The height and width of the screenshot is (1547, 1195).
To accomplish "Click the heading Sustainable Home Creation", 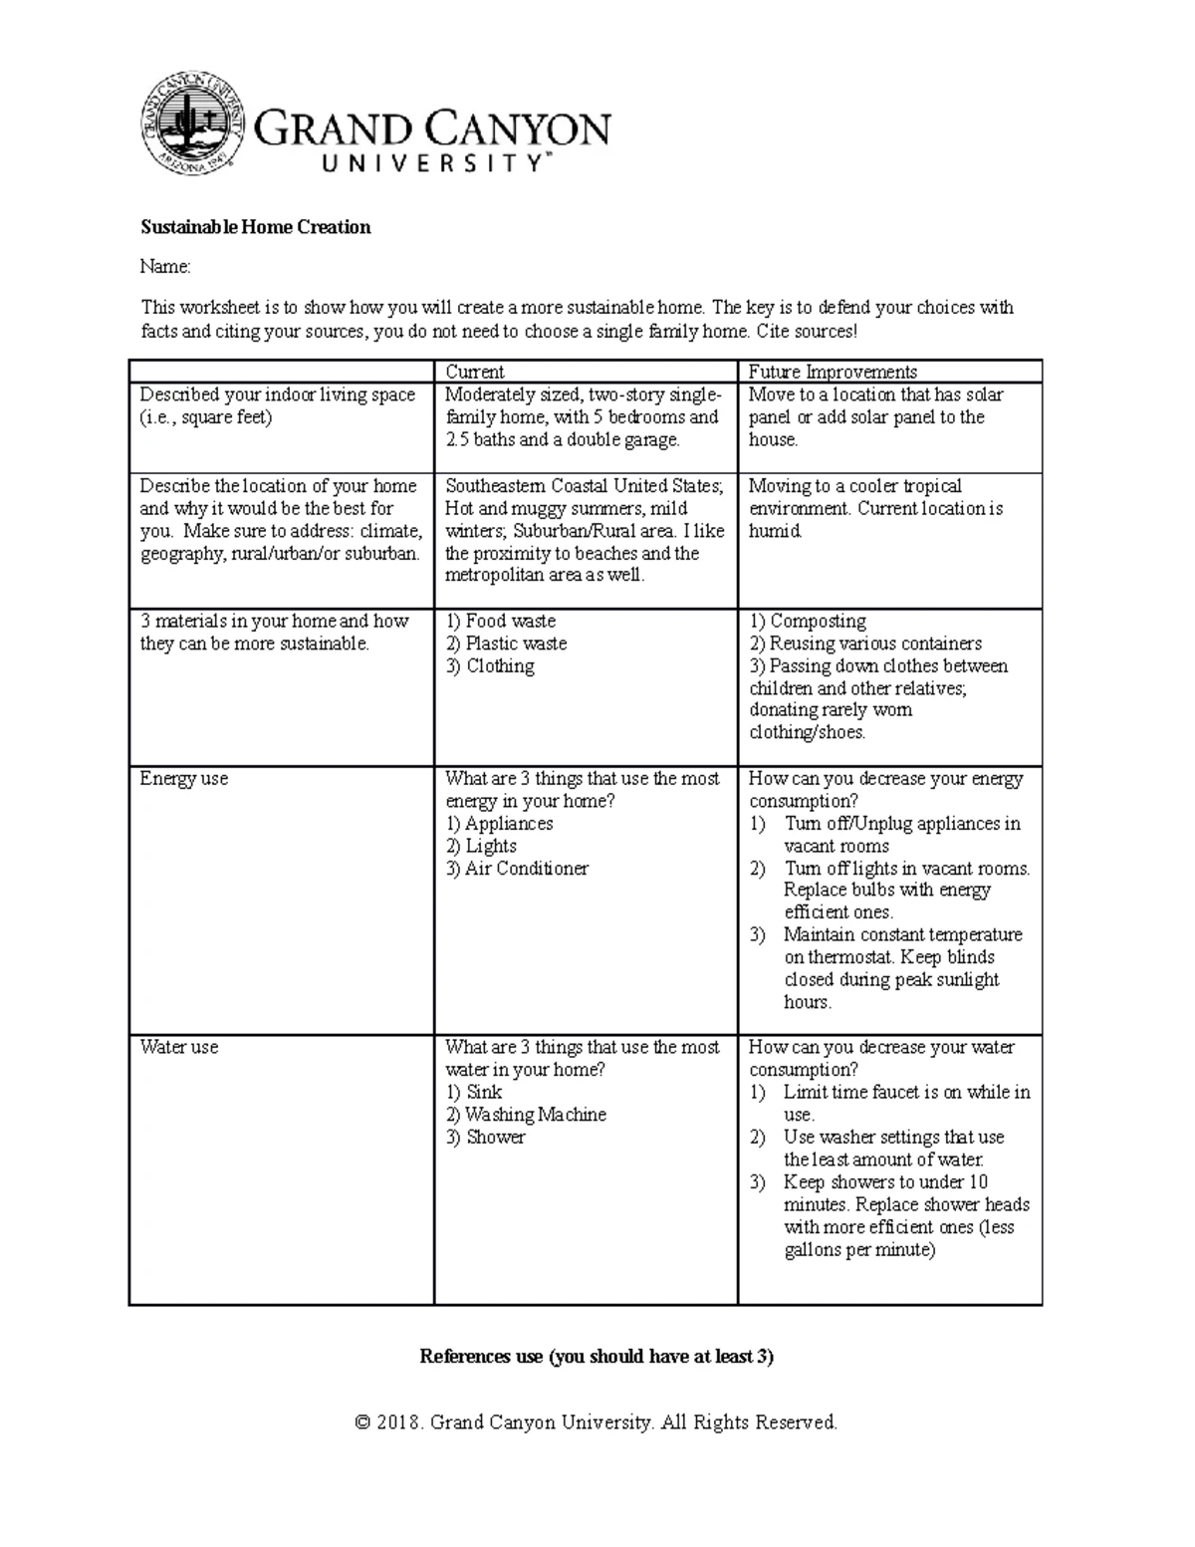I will coord(255,227).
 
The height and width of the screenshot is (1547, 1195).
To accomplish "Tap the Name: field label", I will coord(164,267).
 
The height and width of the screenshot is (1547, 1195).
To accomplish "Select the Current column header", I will coord(475,372).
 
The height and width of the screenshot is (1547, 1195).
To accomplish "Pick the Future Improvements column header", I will coord(833,372).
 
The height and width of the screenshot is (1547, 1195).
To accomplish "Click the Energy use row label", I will coord(184,779).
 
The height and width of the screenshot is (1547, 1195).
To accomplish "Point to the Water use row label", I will coord(179,1047).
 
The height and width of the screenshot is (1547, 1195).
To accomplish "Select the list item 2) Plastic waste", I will coord(506,644).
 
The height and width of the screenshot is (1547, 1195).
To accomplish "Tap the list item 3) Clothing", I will coord(490,666).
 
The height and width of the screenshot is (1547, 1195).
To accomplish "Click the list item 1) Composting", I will coord(808,622).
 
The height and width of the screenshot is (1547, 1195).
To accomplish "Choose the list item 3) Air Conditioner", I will coord(517,869).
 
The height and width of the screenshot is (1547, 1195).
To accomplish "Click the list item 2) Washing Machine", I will coord(526,1115).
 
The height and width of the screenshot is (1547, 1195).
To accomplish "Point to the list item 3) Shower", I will coord(485,1138).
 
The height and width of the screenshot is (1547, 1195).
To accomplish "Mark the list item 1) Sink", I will coord(474,1093).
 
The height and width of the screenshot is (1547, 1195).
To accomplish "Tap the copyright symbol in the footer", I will coord(362,1422).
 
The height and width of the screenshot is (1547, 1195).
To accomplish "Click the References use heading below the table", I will coord(597,1357).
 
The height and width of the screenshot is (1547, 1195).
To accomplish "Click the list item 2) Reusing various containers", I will coord(865,644).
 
